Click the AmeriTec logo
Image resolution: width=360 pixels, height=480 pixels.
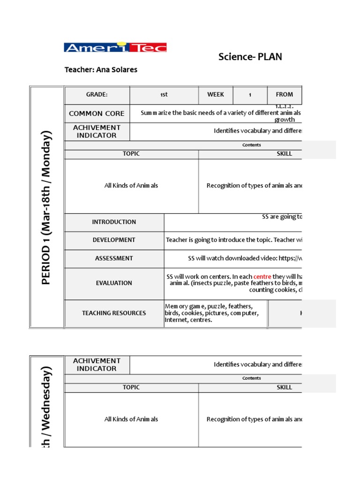(x=115, y=47)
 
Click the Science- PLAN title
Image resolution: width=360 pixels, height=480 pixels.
(x=250, y=57)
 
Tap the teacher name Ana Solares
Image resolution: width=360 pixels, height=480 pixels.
(x=101, y=70)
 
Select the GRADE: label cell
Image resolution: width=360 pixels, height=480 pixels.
(x=97, y=95)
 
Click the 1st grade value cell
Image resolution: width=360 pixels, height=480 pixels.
(x=164, y=95)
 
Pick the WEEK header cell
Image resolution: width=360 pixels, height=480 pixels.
(x=216, y=95)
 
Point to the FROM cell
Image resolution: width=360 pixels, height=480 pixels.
(x=285, y=95)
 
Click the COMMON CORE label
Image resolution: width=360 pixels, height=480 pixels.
(x=97, y=113)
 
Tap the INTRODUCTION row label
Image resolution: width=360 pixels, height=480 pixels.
(x=114, y=222)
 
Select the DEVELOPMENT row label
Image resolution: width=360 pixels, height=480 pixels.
(x=114, y=240)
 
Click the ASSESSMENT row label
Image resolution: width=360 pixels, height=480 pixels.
(x=114, y=258)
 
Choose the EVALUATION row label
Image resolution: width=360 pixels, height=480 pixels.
(x=114, y=283)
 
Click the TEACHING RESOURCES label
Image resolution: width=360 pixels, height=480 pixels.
(x=114, y=313)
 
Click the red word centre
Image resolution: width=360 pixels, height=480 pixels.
(x=262, y=277)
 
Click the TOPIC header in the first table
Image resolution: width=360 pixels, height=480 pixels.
(x=131, y=154)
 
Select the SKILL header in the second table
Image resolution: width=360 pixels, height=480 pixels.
(x=284, y=387)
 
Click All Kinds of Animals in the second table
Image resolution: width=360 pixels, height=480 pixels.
(x=131, y=420)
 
